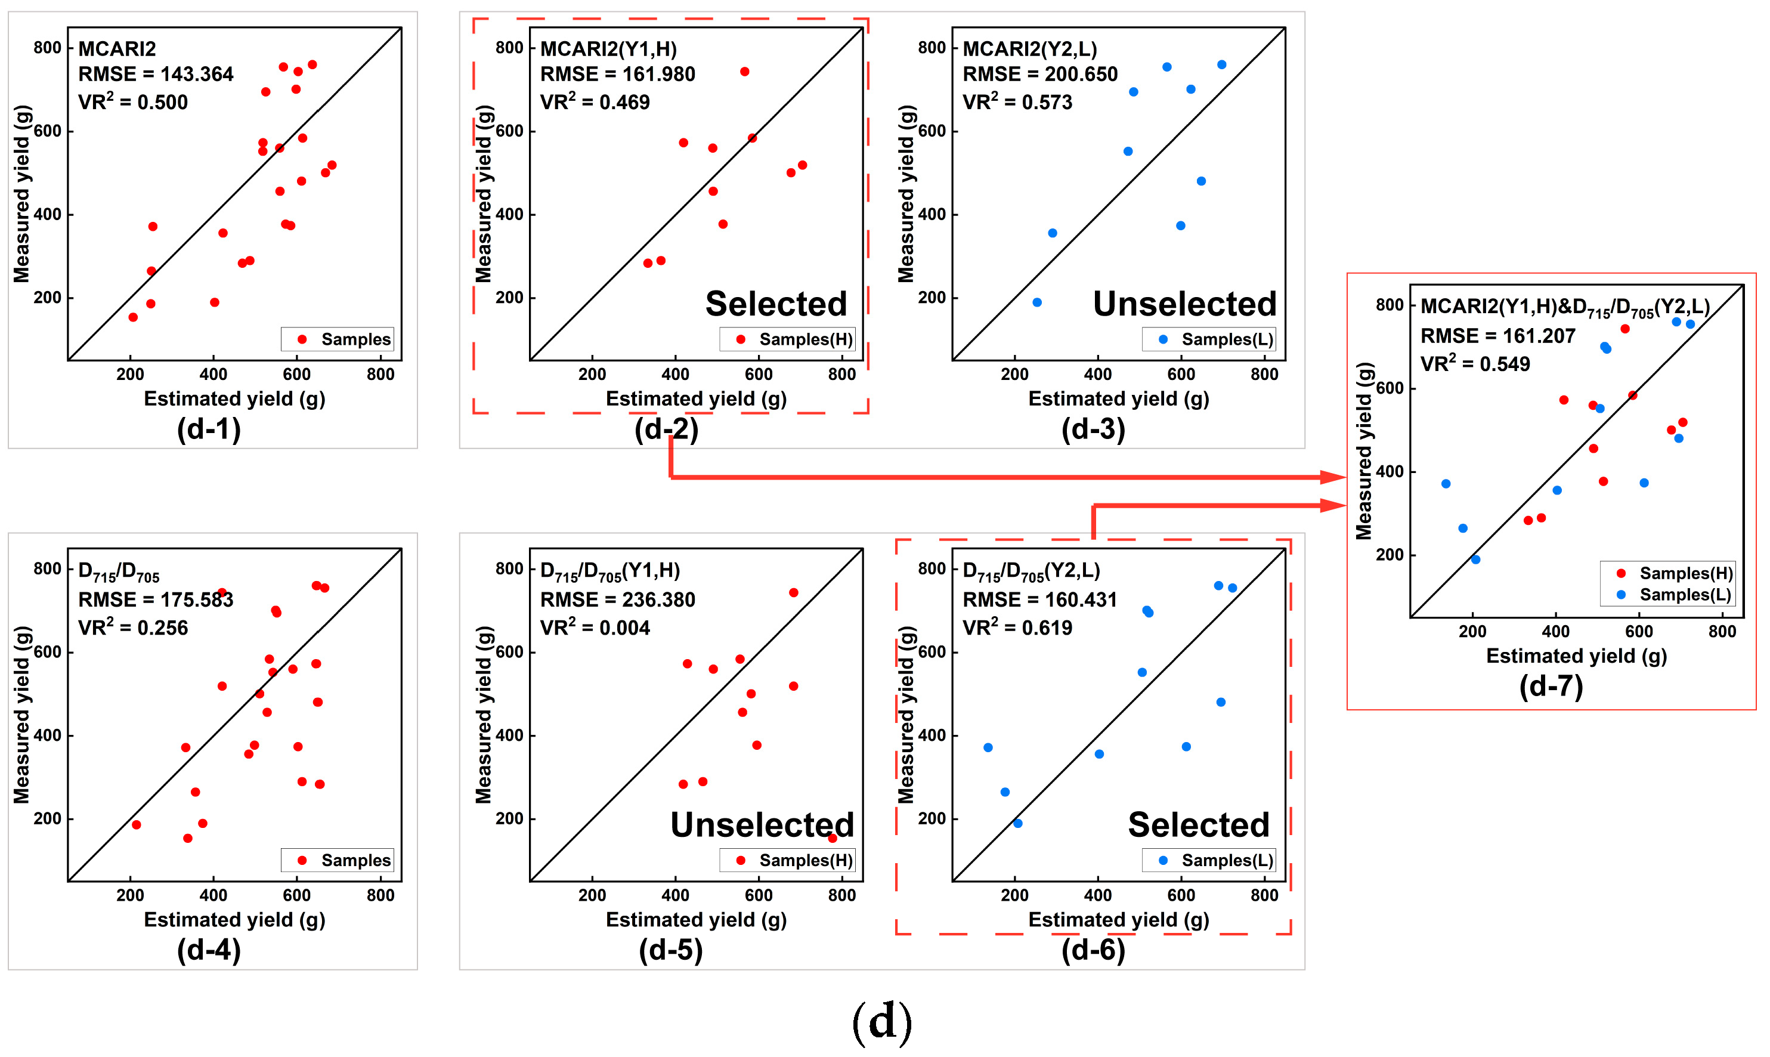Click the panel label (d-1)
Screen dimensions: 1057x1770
(x=209, y=429)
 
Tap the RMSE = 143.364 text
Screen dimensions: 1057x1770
(x=155, y=74)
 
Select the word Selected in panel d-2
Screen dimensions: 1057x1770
(x=776, y=304)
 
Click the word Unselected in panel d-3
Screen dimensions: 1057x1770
(x=1185, y=304)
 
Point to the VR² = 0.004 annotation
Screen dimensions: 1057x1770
(x=595, y=628)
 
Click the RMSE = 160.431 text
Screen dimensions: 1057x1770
(x=1039, y=599)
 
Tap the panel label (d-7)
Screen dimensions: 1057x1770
(x=1551, y=687)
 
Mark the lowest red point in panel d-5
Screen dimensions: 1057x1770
(x=833, y=838)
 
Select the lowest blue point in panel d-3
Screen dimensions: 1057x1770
(x=1037, y=302)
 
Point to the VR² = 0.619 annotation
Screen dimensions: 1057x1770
(x=1017, y=628)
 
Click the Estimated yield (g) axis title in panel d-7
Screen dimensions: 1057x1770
(x=1576, y=656)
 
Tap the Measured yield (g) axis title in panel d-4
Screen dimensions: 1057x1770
(x=22, y=715)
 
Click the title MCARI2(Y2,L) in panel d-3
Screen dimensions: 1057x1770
(x=1029, y=49)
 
